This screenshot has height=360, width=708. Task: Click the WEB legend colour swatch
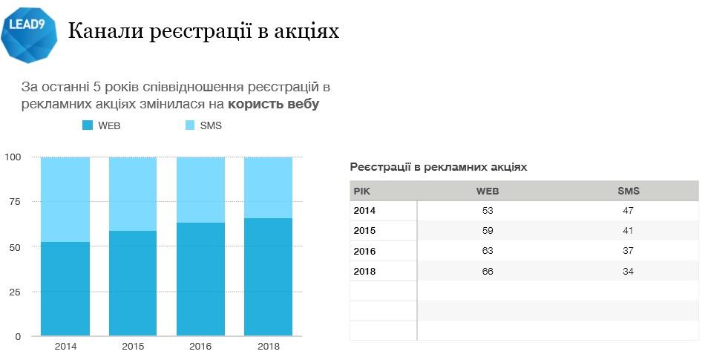pos(88,125)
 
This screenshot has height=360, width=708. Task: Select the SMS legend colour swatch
pos(189,125)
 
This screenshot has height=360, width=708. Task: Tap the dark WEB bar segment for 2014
pos(65,289)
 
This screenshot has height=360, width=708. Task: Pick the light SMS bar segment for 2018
pos(268,187)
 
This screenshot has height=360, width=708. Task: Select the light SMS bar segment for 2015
pos(133,194)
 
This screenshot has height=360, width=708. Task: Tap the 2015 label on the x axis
pos(133,347)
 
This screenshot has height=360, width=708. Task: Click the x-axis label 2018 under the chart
pos(268,347)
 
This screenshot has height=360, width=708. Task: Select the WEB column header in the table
pos(487,191)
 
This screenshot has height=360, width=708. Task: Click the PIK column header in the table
pos(361,191)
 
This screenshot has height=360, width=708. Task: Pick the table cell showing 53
pos(487,211)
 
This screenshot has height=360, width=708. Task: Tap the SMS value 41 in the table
pos(628,231)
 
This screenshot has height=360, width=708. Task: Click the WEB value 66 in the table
pos(487,271)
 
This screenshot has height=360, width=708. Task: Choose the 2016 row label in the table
pos(364,251)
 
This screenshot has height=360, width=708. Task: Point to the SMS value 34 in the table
pos(628,271)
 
